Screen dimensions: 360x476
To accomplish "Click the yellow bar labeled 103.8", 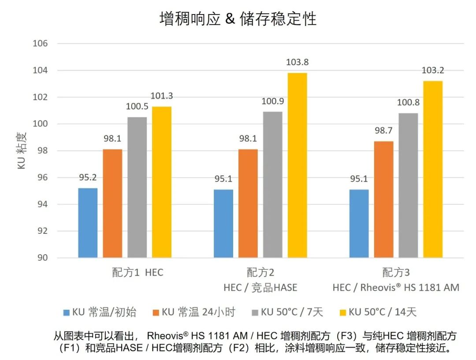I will coord(297,165).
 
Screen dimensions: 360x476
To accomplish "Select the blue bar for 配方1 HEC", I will coord(88,223).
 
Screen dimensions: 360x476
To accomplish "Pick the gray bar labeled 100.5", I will coord(137,187).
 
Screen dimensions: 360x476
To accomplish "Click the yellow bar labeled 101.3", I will coord(162,182).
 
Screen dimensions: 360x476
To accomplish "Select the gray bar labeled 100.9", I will coord(272,185).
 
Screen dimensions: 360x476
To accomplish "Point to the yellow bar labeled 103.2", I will coord(433,169).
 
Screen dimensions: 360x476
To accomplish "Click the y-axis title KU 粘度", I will coord(22,151).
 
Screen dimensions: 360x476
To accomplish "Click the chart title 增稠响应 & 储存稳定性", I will coord(238,19).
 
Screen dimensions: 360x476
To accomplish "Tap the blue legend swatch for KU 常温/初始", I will coord(67,313).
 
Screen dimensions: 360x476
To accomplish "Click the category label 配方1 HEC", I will coord(137,272).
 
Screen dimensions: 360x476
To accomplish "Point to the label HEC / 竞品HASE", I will coord(260,288).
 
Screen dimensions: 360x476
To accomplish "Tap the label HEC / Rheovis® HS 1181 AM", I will coord(396,288).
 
